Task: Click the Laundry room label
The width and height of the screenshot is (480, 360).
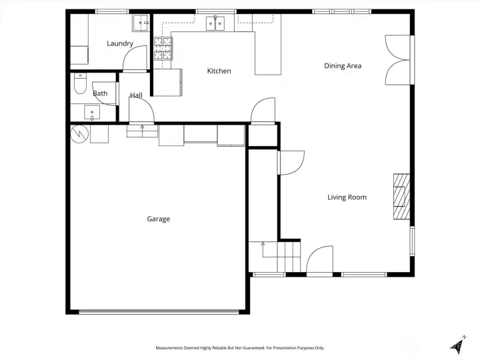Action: (120, 43)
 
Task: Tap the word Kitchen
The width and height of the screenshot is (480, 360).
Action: (219, 71)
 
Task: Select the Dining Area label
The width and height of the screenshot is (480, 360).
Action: (343, 66)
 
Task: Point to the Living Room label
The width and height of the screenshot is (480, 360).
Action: (347, 197)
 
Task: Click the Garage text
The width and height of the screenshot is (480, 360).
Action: (158, 219)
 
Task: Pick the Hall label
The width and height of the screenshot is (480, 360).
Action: (136, 95)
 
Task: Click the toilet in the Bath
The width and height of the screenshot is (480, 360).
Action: (80, 83)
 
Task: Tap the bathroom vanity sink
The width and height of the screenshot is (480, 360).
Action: (92, 113)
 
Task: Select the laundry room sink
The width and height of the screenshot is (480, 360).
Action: (141, 23)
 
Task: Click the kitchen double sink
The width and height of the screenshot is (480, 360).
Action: (215, 23)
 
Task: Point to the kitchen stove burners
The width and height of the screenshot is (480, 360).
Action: (163, 49)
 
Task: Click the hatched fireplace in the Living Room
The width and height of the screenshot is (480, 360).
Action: (401, 197)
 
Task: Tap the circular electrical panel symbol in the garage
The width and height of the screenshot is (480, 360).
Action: (79, 134)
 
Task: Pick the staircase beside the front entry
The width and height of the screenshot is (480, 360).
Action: (274, 257)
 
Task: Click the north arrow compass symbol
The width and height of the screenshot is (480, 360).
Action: (458, 345)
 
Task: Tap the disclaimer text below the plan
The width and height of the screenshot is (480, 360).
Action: (240, 348)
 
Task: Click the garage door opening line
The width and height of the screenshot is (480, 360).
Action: (159, 311)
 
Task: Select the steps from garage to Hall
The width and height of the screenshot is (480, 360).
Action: (143, 131)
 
